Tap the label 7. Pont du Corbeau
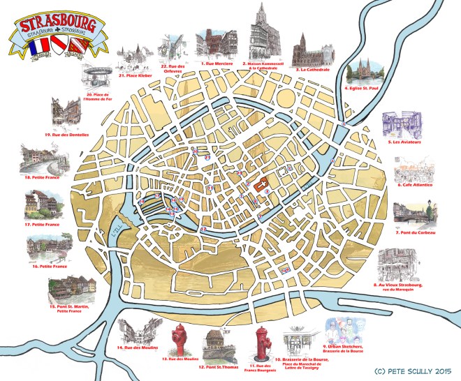416,232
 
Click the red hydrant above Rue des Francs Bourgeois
263,342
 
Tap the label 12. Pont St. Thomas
216,366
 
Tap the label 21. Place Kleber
132,75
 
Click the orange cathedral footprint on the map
265,184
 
